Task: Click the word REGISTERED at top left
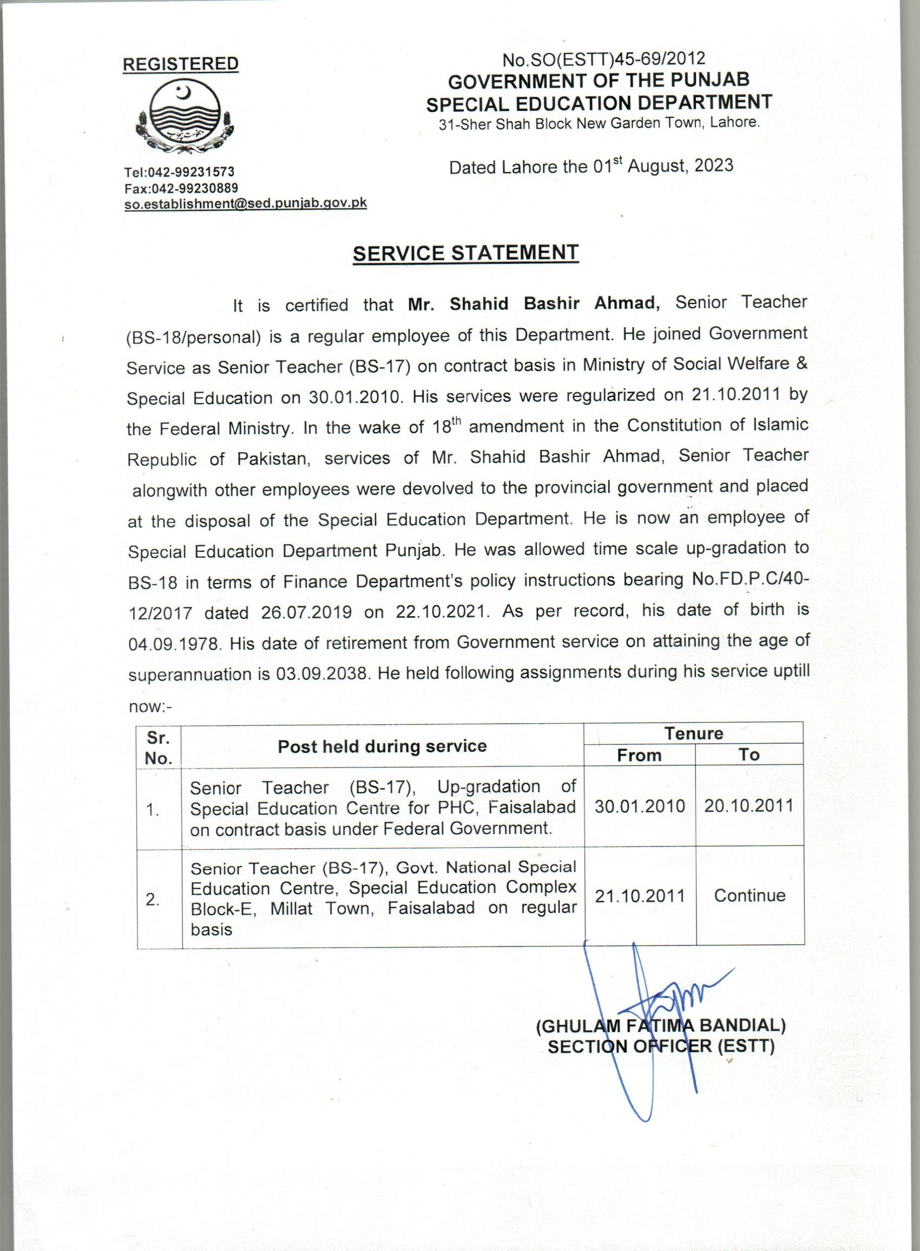[180, 64]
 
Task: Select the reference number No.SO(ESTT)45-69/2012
[603, 59]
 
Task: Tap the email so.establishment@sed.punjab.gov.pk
[245, 203]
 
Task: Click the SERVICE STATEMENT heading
[465, 253]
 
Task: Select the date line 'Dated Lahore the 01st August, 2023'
[591, 167]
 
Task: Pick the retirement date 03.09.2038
[321, 675]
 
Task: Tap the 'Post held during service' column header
[382, 747]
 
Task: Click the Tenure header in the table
[693, 733]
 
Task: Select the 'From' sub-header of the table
[639, 755]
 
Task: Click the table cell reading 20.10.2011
[748, 806]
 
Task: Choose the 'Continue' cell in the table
[750, 896]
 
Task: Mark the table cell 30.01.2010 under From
[639, 806]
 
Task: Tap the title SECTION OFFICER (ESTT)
[661, 1047]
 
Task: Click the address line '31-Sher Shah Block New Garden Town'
[599, 123]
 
